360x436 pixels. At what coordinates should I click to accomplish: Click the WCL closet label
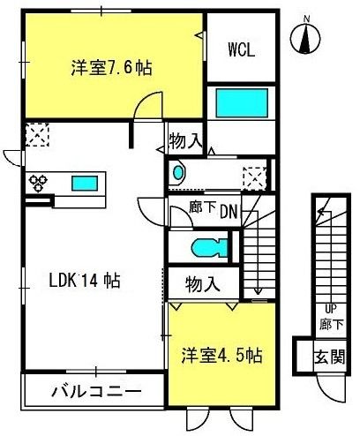click(242, 49)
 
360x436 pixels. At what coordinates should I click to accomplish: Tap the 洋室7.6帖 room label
click(111, 68)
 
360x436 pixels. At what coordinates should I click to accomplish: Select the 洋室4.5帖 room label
click(221, 356)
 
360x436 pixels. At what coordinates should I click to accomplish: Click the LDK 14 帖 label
click(85, 280)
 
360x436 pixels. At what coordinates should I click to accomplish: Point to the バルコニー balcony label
click(96, 392)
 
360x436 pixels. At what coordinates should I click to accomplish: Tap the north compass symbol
click(305, 36)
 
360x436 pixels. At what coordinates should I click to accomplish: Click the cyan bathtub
click(242, 103)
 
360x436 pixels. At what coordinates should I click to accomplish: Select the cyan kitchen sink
click(85, 183)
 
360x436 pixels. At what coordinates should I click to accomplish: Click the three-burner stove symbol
click(38, 183)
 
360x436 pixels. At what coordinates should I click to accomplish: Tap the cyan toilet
click(209, 248)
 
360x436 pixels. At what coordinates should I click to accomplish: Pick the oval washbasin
click(177, 173)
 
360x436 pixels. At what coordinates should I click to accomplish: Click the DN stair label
click(229, 212)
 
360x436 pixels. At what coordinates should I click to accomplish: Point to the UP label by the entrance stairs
click(331, 309)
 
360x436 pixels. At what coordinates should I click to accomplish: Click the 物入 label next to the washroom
click(186, 141)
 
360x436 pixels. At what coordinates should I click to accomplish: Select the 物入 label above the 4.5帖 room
click(203, 284)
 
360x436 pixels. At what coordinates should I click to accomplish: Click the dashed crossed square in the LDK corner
click(37, 135)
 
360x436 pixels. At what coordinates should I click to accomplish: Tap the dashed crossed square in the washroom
click(255, 178)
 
